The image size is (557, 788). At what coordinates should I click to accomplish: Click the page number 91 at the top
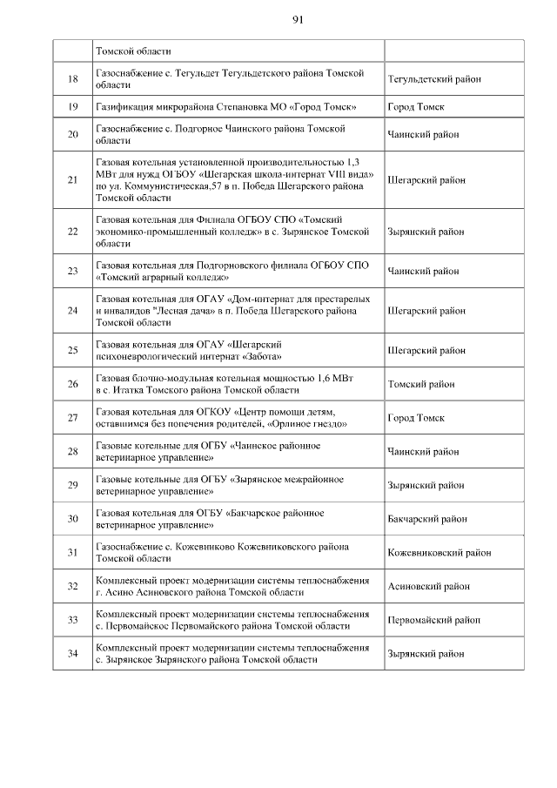[298, 19]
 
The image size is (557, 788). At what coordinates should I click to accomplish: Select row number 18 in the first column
[73, 79]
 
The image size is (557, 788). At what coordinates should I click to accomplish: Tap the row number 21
[73, 180]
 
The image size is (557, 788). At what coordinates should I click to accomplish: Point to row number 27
[73, 418]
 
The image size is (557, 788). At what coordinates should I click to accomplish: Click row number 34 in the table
[73, 653]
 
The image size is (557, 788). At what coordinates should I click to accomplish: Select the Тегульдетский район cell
[434, 79]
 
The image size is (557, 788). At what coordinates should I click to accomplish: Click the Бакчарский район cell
[427, 519]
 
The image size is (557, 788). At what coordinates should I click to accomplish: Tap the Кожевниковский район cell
[439, 552]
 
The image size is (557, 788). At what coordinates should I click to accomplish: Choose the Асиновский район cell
[426, 586]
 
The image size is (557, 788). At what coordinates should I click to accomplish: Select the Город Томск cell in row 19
[416, 106]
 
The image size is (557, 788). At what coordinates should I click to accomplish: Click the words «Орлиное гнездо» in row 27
[312, 424]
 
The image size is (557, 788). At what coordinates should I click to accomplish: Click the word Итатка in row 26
[122, 390]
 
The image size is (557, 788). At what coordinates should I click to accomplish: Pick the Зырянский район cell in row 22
[426, 232]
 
